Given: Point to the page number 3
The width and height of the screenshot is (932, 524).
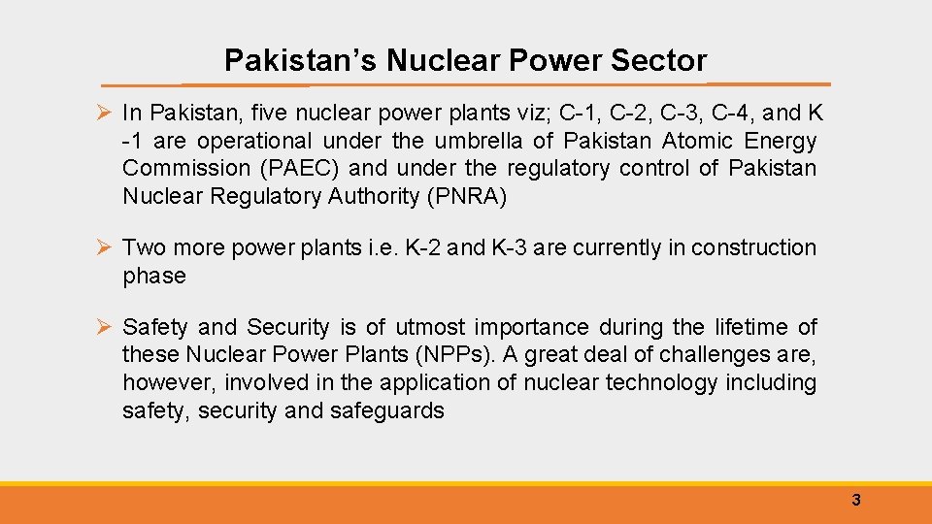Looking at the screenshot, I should click(855, 501).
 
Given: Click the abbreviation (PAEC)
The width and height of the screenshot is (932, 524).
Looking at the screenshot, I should click(292, 169).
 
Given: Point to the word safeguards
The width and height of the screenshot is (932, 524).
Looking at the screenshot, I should click(386, 411).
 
